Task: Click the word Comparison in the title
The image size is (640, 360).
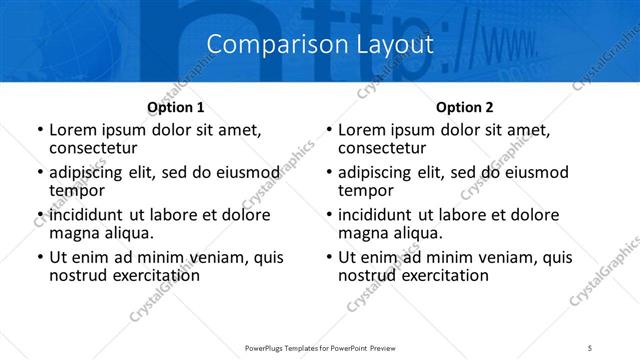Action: [261, 45]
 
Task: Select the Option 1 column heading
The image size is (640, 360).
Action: [175, 107]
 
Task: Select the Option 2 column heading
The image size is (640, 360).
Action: [465, 107]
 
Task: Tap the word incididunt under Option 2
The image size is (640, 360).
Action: [381, 215]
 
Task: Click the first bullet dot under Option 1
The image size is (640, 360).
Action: [39, 130]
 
